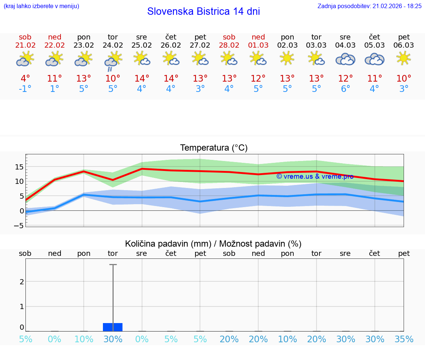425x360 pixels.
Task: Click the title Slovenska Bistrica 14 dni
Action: [x=203, y=11]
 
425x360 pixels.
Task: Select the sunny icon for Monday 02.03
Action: [x=287, y=58]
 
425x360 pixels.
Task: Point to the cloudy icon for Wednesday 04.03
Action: [x=345, y=59]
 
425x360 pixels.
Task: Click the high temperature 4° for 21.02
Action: [x=25, y=79]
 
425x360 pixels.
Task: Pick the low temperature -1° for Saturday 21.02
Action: [x=25, y=89]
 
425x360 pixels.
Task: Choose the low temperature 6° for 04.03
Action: [x=345, y=89]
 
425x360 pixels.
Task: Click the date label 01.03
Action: [x=258, y=45]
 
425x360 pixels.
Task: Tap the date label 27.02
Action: [x=200, y=45]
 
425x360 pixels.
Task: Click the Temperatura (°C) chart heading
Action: [x=214, y=148]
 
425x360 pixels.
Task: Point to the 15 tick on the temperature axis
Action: [x=20, y=167]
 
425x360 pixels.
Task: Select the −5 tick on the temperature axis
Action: [x=20, y=226]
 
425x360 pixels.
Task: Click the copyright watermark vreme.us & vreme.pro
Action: [x=315, y=176]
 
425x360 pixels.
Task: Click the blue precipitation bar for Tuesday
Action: [x=113, y=327]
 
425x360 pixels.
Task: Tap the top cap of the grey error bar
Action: [x=113, y=264]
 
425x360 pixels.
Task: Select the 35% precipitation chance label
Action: [x=404, y=339]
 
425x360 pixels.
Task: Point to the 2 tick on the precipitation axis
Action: [x=22, y=281]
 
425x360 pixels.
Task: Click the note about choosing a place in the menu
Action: [x=41, y=6]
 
